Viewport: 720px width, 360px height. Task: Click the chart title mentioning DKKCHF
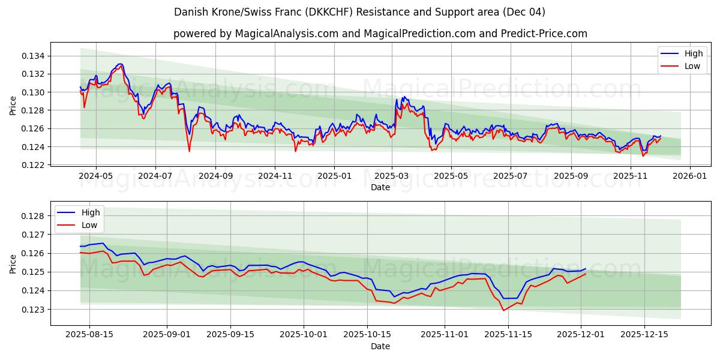point(359,12)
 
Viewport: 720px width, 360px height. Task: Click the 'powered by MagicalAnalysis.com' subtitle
point(380,34)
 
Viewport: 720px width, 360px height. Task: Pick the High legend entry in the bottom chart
point(91,212)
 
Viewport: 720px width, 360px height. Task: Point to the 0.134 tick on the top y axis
point(34,56)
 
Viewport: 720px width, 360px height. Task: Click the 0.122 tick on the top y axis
point(34,165)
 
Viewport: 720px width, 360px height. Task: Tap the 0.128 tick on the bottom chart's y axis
point(34,216)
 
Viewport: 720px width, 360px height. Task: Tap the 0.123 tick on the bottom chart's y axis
point(34,310)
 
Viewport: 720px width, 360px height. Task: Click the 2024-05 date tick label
point(96,176)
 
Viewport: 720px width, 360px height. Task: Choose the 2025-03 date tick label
point(392,176)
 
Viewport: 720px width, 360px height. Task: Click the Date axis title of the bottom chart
point(380,346)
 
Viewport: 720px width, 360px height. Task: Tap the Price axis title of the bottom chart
point(13,263)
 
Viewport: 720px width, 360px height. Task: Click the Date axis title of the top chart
point(380,187)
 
